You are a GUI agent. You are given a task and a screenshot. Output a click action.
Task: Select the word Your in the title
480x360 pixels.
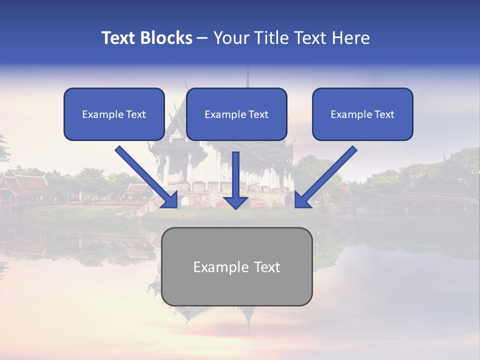coord(231,38)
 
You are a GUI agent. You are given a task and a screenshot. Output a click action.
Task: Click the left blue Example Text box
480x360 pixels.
coord(114,114)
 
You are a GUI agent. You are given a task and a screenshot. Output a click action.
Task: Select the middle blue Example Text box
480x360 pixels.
coord(236,114)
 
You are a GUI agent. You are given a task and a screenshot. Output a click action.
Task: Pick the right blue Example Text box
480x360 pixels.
coord(362,114)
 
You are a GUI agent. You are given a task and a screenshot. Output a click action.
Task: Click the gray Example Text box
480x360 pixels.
coord(236,267)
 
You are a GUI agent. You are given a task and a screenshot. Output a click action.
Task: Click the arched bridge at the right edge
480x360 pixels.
coord(440,199)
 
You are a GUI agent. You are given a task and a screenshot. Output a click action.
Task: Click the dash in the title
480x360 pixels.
coord(202,38)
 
